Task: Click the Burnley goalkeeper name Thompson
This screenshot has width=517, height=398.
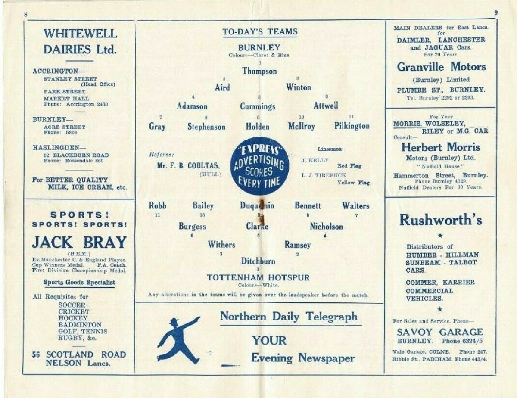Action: click(x=259, y=72)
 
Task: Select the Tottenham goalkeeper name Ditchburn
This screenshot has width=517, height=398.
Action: click(x=258, y=261)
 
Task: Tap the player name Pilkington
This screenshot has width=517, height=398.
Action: click(x=352, y=126)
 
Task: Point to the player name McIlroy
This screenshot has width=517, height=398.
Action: click(x=302, y=126)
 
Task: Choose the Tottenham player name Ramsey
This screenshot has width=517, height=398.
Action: click(x=297, y=245)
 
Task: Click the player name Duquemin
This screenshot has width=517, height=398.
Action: click(x=257, y=206)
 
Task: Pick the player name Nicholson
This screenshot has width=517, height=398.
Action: click(x=327, y=227)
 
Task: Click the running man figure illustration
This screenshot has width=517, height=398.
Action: click(x=178, y=340)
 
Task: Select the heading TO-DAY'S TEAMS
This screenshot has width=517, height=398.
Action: click(x=260, y=32)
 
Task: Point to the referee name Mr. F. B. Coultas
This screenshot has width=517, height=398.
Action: click(x=185, y=165)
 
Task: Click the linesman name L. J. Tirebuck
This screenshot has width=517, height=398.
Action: click(x=324, y=175)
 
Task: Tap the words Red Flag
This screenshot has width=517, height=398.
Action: click(x=349, y=166)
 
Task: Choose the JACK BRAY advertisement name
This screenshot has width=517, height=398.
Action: click(x=79, y=243)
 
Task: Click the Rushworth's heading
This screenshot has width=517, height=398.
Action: click(x=440, y=220)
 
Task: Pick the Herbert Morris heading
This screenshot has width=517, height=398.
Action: click(x=440, y=147)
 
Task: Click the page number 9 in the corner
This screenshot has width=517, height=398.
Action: click(x=496, y=13)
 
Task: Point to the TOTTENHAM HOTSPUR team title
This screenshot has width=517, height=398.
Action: click(x=258, y=278)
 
